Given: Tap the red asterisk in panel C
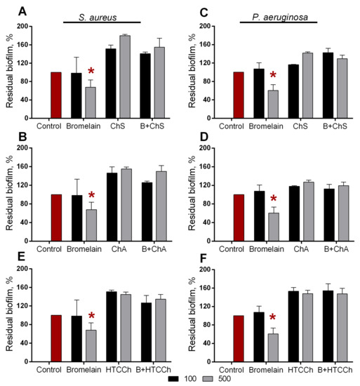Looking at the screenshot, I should point(273,76).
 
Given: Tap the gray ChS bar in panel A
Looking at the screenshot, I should point(125,76).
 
